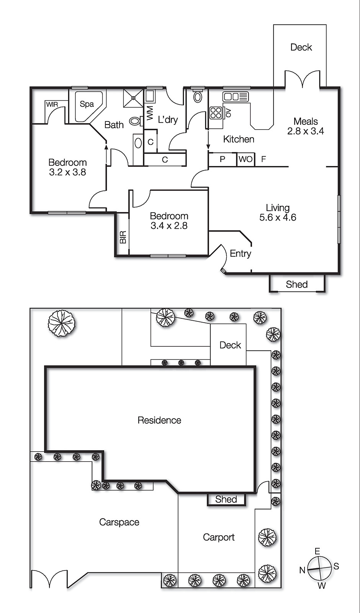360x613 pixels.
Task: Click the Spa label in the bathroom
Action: [x=87, y=104]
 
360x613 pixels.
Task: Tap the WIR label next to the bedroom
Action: [x=52, y=105]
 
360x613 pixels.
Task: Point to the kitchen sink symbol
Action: [x=236, y=96]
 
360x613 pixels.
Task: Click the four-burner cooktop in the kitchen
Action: [x=216, y=112]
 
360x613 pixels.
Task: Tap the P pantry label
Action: [x=223, y=159]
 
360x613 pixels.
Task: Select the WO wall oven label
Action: [x=245, y=159]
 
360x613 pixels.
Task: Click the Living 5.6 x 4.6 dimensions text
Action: [x=278, y=217]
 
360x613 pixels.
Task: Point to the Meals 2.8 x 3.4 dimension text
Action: [x=306, y=131]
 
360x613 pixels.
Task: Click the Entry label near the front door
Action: [x=240, y=253]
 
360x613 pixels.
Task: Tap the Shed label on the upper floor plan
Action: [x=296, y=284]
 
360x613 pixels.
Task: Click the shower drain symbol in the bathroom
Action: [x=133, y=98]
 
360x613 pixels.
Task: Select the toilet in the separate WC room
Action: [x=198, y=97]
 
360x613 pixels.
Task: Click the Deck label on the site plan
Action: [x=230, y=345]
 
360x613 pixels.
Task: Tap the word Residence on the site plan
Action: [x=159, y=420]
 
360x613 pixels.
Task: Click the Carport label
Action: [x=219, y=537]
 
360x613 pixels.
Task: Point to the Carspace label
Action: [x=119, y=522]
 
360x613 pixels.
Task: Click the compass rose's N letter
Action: [x=302, y=570]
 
